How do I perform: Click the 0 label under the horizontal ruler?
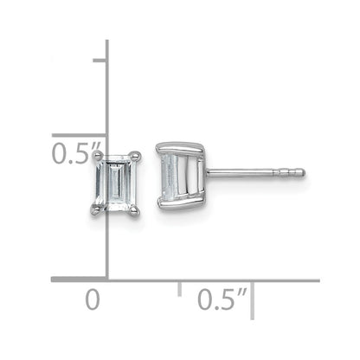[x=93, y=300]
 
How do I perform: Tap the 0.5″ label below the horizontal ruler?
[x=222, y=299]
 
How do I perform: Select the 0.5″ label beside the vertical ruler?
[x=76, y=153]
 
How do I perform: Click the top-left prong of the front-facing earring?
[x=98, y=157]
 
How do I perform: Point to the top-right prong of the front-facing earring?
[x=136, y=156]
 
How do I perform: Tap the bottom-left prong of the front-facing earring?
[x=96, y=209]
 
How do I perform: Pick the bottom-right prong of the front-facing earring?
[x=134, y=210]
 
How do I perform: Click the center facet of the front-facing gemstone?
[x=115, y=183]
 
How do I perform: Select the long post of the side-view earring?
[x=256, y=172]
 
